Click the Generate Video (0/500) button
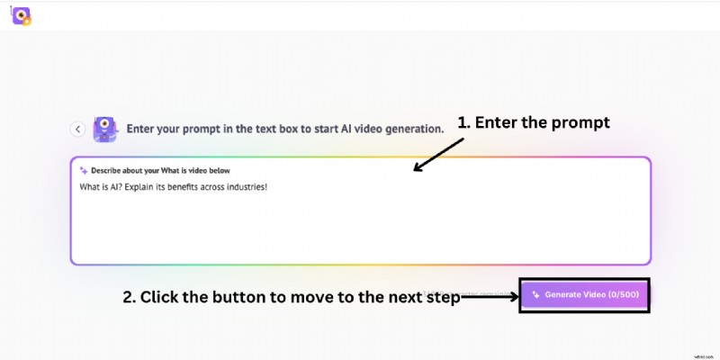[584, 294]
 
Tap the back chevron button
[78, 129]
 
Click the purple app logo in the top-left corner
[22, 14]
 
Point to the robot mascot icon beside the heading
[104, 129]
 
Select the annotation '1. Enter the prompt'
[534, 122]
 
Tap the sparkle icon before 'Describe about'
[84, 169]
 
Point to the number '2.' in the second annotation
[130, 297]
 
